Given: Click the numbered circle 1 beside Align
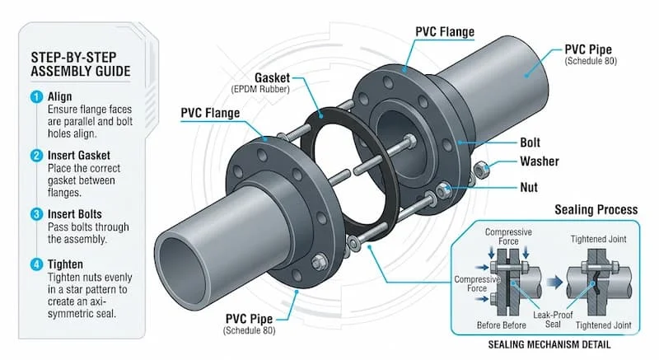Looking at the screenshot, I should tap(35, 96).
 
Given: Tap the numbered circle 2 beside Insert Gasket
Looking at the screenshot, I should tap(35, 155).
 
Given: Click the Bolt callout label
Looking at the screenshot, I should tap(530, 143).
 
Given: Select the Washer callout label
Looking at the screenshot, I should tap(540, 161).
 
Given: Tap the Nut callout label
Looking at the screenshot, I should tap(528, 186).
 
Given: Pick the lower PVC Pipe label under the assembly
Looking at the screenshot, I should tap(250, 317).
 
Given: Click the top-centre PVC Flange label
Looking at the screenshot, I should tap(444, 32).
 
